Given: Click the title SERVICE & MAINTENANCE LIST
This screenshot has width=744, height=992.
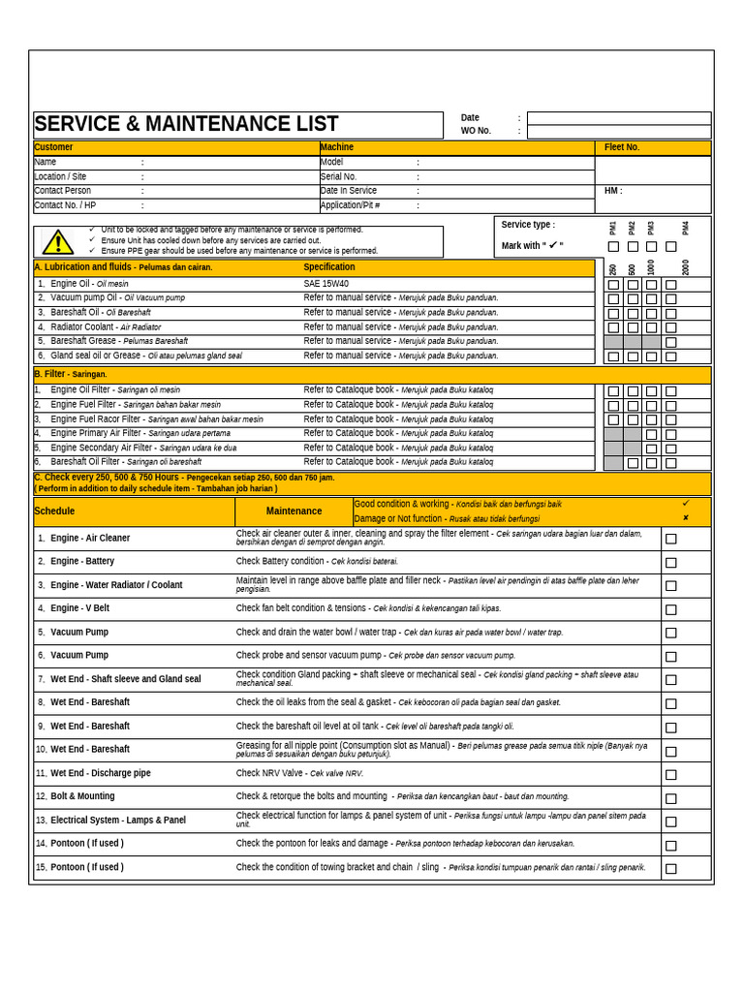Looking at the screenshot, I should point(186,124).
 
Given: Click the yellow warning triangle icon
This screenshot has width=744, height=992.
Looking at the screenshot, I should point(58,242).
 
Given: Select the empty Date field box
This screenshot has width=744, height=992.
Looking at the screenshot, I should point(618,118).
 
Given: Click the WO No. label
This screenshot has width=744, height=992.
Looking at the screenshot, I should point(476,131).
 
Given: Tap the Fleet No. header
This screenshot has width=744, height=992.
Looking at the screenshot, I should point(622,147).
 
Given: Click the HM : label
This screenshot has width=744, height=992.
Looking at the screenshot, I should point(613,191).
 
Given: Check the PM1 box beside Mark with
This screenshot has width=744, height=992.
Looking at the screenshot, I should point(613,247).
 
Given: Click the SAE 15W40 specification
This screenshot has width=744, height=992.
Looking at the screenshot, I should point(325,284).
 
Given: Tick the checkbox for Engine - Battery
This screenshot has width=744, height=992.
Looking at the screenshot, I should point(670,563).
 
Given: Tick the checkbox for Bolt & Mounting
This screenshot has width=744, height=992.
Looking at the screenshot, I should point(670,798).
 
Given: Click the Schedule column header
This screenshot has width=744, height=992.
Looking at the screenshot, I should point(54,511).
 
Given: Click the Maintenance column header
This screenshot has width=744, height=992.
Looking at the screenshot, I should point(294,511).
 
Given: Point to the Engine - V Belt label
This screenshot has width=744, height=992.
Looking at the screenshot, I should point(79,608).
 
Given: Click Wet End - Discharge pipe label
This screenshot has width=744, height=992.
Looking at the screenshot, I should point(100,773).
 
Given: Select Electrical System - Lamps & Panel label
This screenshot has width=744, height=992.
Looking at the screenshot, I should point(117,821).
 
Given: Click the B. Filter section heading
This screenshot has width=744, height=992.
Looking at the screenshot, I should point(71,374).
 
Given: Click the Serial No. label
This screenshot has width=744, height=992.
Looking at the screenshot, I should point(338,177).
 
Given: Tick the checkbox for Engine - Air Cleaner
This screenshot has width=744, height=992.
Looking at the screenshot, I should point(670,539).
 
